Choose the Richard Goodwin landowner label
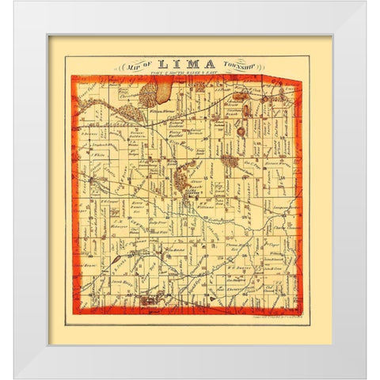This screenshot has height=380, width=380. [x=175, y=127]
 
